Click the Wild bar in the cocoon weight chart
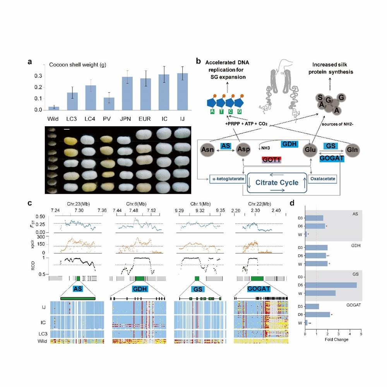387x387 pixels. point(53,108)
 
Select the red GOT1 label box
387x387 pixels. point(270,160)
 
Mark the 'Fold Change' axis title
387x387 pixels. point(337,340)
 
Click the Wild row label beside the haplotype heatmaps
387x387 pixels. point(43,341)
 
